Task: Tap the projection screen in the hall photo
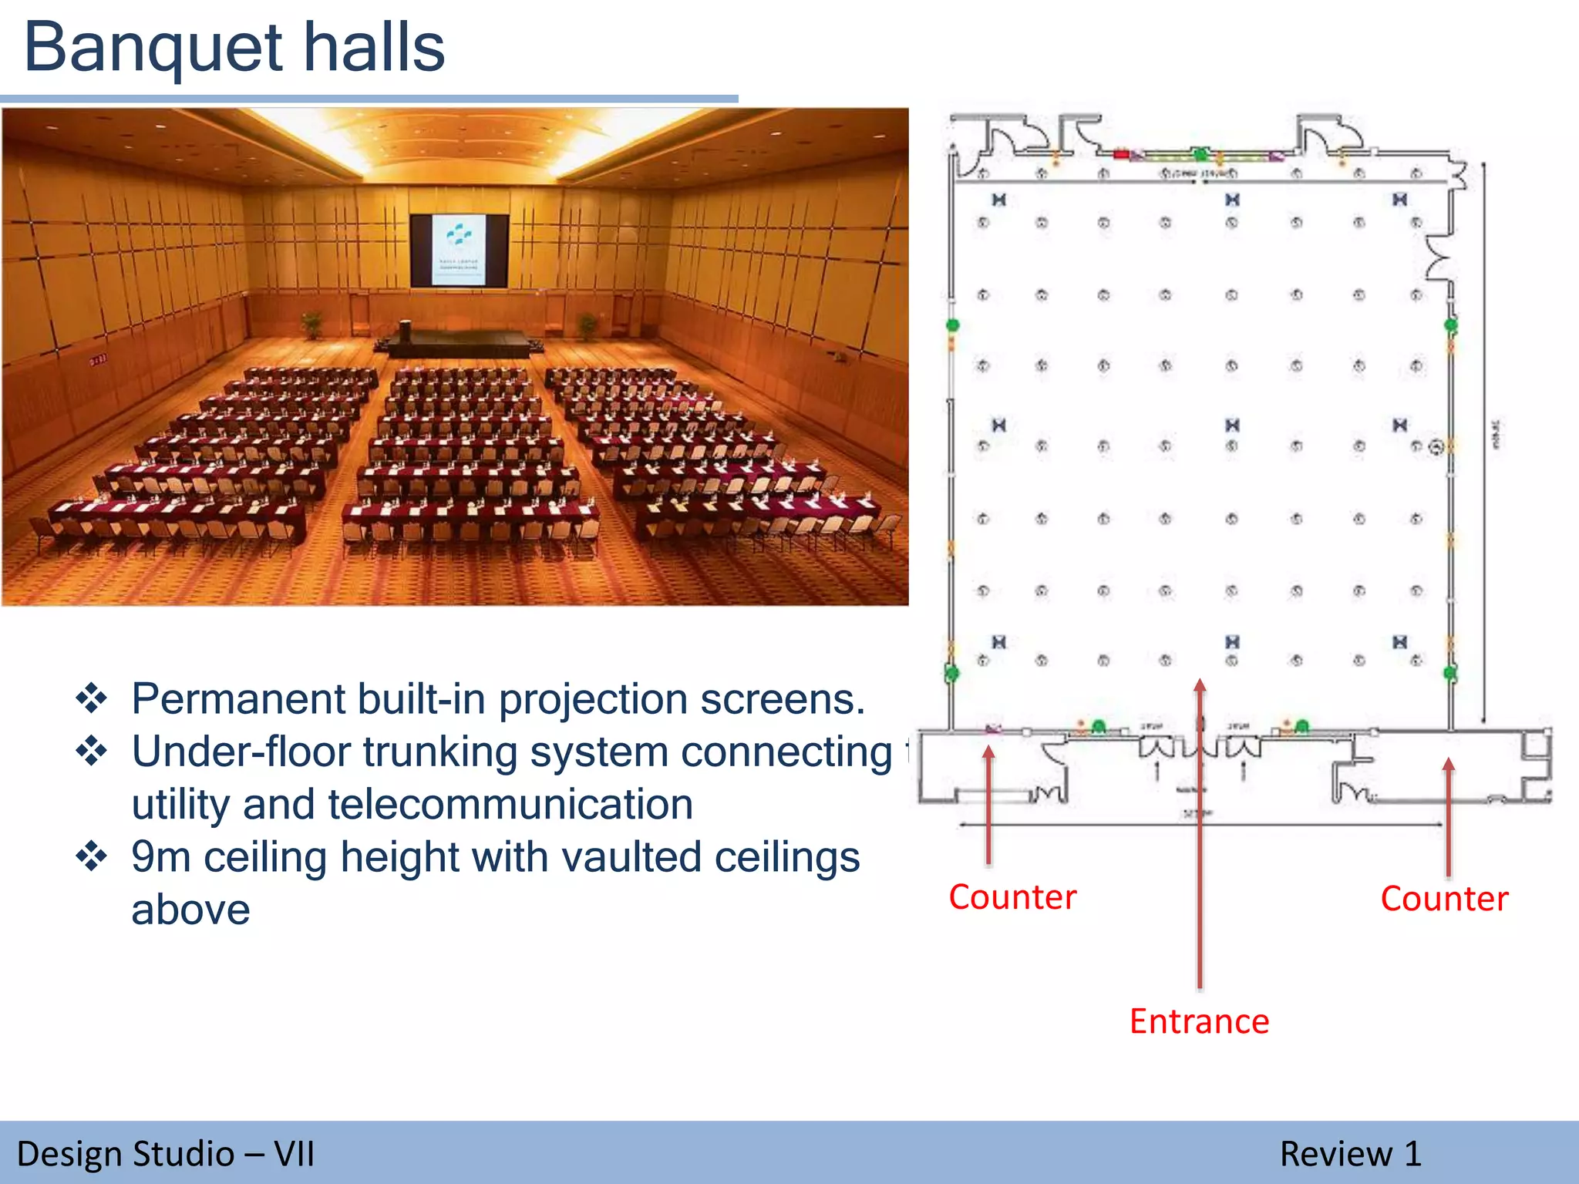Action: click(x=459, y=250)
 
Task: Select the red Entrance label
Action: click(x=1199, y=1021)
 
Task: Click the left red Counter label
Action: click(x=1012, y=897)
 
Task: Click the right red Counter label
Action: click(x=1444, y=899)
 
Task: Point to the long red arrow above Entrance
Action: click(x=1200, y=832)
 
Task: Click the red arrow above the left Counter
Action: click(x=988, y=806)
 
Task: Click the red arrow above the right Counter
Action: click(x=1449, y=817)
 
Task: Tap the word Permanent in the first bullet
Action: click(x=238, y=699)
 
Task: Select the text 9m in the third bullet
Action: click(x=160, y=857)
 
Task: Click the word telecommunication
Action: click(x=510, y=805)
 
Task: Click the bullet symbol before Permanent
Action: click(x=92, y=698)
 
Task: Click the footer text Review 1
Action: click(x=1350, y=1154)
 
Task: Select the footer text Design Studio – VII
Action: click(x=166, y=1154)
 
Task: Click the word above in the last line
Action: click(x=190, y=910)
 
